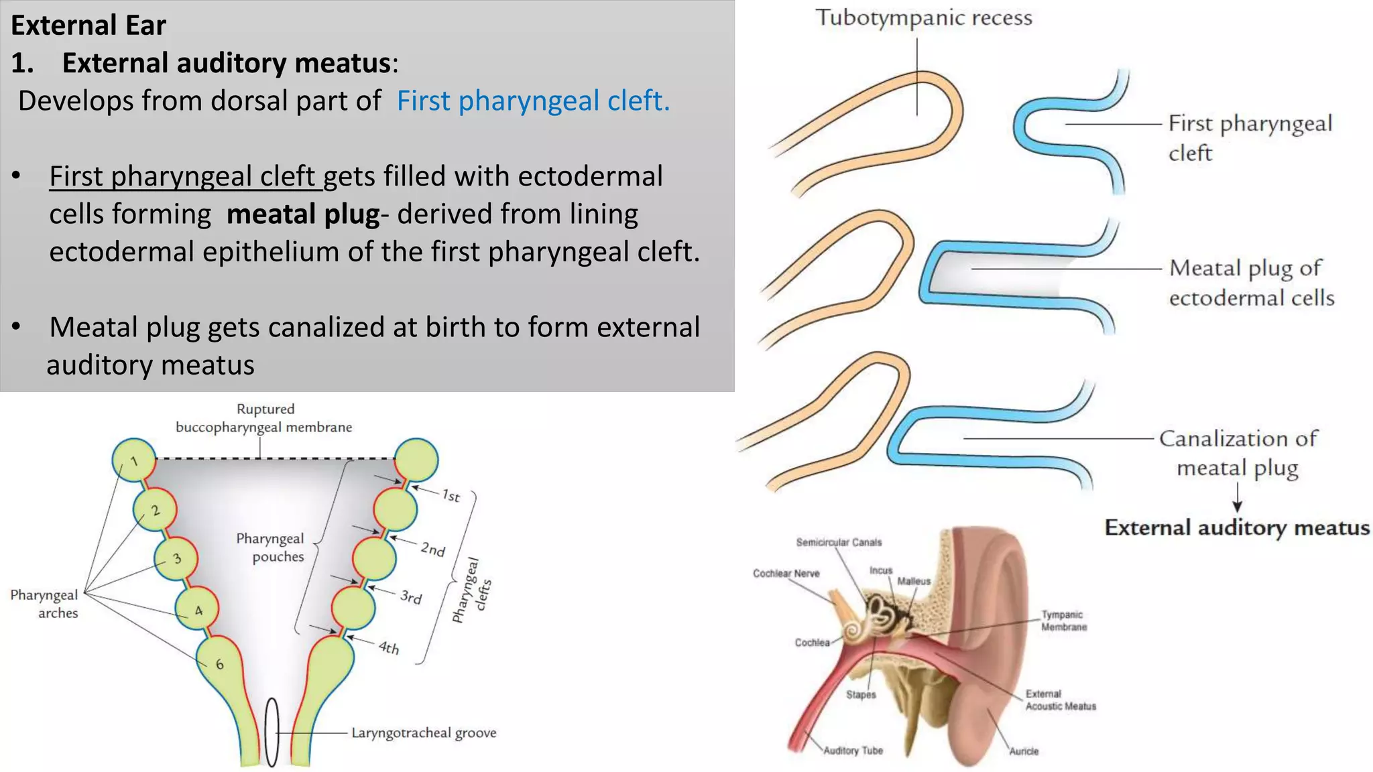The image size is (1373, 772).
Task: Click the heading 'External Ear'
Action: [88, 25]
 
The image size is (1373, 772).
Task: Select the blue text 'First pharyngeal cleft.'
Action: [533, 101]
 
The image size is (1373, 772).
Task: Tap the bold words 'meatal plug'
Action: [303, 214]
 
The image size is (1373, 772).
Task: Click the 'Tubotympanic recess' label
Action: [923, 18]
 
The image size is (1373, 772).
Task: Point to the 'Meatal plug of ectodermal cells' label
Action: [1251, 283]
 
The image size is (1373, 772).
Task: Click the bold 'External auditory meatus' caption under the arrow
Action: [1237, 528]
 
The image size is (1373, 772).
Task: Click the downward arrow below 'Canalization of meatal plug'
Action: [1237, 499]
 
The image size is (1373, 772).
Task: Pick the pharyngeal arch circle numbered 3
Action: [176, 558]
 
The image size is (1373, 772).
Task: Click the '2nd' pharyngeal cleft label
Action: [433, 550]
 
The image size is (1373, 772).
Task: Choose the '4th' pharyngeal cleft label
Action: [389, 647]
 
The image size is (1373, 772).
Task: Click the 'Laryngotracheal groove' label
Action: [424, 733]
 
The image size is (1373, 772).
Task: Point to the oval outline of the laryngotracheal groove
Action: [272, 732]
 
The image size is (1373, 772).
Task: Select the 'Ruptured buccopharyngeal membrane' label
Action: [264, 418]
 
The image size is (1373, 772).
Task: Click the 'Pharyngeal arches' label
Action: [44, 604]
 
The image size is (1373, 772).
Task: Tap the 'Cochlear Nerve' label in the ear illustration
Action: [786, 574]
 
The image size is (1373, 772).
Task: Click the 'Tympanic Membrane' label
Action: [1064, 621]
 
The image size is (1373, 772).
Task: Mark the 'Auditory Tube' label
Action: [853, 751]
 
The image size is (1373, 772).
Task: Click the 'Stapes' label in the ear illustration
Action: [861, 695]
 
